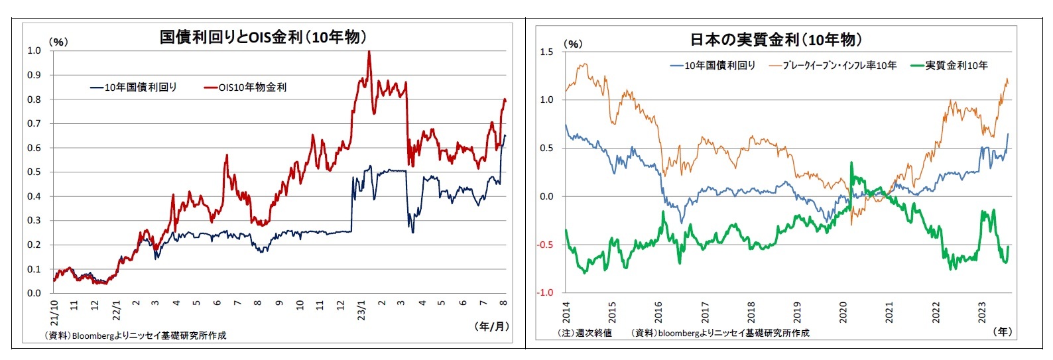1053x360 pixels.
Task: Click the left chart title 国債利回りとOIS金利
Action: pos(263,37)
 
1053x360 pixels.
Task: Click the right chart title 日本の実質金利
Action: pos(776,40)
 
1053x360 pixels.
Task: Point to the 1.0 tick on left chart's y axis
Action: pos(34,51)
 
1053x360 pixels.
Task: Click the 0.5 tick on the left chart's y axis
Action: pos(34,172)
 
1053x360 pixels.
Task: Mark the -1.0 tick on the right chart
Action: pos(545,293)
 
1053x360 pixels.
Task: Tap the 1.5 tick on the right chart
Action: pos(546,52)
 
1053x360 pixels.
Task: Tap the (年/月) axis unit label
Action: pos(491,327)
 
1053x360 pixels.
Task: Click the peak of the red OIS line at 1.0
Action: pos(369,52)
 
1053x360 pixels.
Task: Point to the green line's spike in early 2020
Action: pos(851,164)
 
